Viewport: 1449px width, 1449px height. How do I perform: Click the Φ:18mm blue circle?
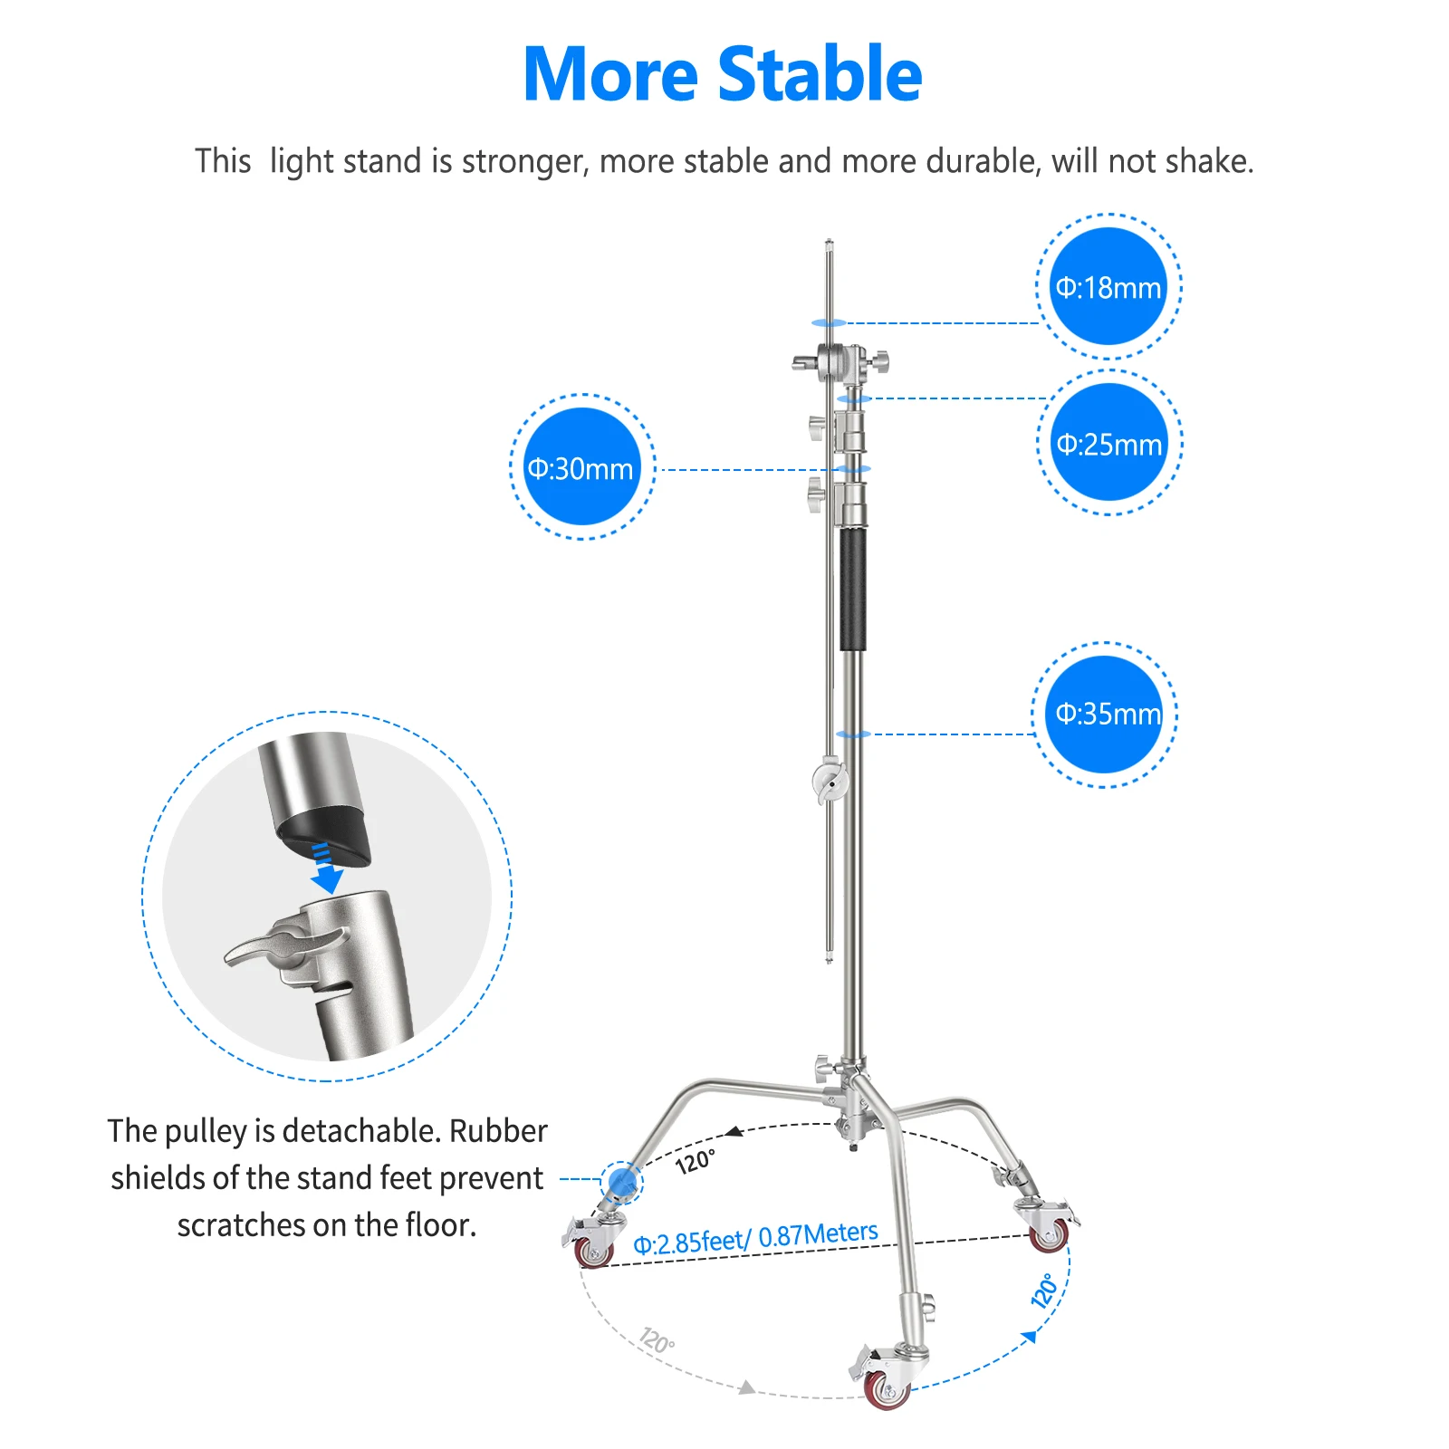[x=1108, y=287]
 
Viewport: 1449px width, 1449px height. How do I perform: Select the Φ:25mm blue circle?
[x=1109, y=443]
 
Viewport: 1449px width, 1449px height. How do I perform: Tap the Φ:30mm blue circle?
[x=581, y=467]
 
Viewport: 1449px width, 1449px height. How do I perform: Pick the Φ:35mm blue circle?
[x=1105, y=714]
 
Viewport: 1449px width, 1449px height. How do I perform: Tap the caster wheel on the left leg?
[x=593, y=1252]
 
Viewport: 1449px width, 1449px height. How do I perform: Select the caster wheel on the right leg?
[x=1049, y=1235]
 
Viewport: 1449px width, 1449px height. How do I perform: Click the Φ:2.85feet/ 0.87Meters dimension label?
[x=755, y=1238]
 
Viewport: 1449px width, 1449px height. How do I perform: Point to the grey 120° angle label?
[x=657, y=1339]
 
